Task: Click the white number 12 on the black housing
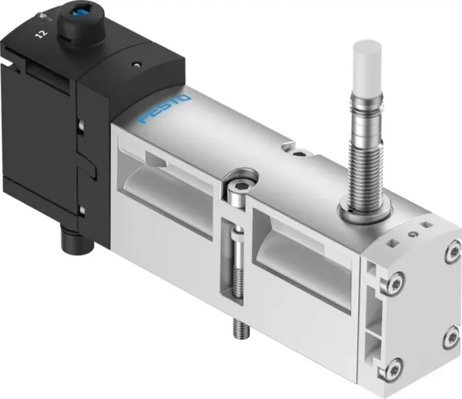[x=41, y=34]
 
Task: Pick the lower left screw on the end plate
[x=394, y=367]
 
